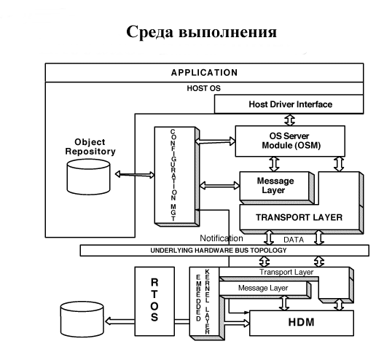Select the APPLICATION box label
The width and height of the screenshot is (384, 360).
(x=204, y=73)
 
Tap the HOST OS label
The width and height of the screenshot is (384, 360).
(x=204, y=87)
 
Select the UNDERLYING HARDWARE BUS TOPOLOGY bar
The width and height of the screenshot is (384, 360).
(x=219, y=251)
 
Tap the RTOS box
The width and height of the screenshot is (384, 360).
(x=153, y=299)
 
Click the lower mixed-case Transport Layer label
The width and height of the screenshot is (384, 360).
(x=286, y=272)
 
